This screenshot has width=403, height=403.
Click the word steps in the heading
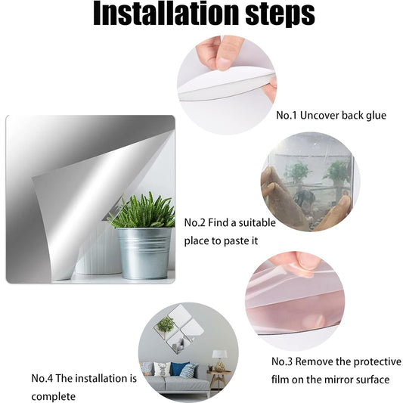click(281, 15)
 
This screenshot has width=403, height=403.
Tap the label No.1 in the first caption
click(287, 115)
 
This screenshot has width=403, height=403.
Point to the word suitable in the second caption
click(257, 222)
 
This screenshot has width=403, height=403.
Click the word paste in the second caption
click(233, 241)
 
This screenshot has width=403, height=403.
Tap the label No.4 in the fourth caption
click(42, 378)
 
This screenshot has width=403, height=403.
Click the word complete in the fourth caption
click(54, 397)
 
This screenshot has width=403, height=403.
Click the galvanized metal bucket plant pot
click(144, 253)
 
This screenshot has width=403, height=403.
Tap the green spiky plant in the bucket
click(141, 211)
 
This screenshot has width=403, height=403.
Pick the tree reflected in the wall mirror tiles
click(166, 324)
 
